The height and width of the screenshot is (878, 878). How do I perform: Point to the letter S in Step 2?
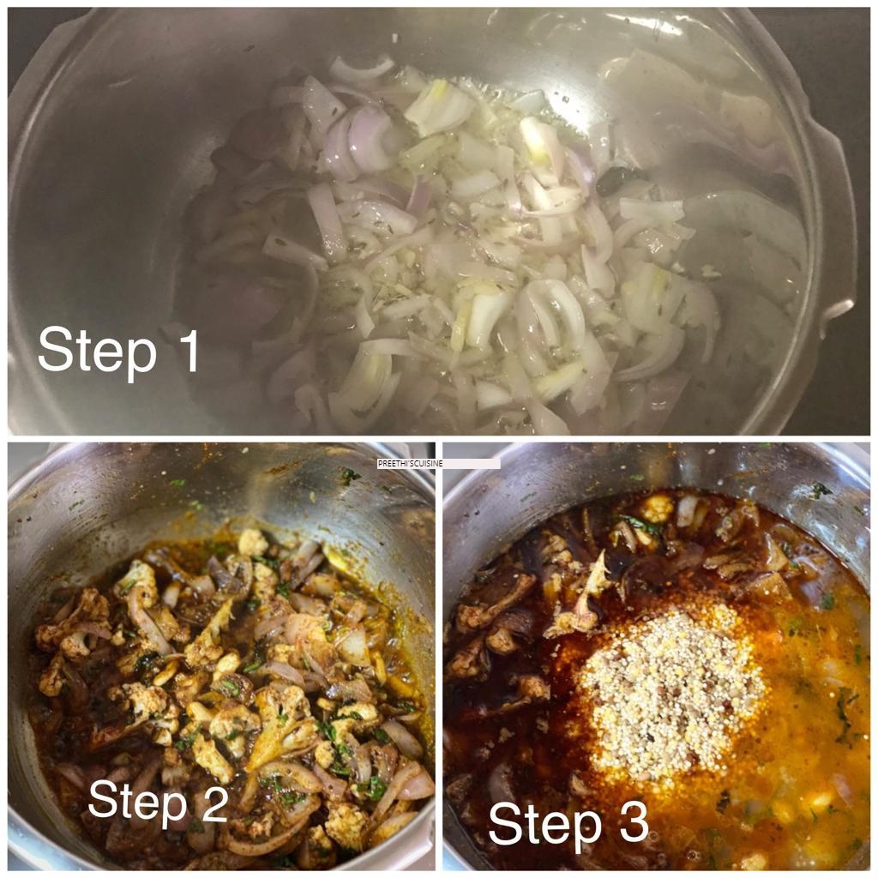point(104,799)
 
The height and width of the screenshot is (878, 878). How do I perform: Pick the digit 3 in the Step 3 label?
point(634,821)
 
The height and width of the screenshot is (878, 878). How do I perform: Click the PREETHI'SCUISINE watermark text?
point(411,464)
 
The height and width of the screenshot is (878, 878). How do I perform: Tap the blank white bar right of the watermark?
point(472,464)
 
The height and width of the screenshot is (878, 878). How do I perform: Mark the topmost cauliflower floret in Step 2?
point(253,542)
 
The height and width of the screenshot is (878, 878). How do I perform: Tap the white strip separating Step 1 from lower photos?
point(439,438)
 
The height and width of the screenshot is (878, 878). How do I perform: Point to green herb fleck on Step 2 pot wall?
point(351,477)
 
